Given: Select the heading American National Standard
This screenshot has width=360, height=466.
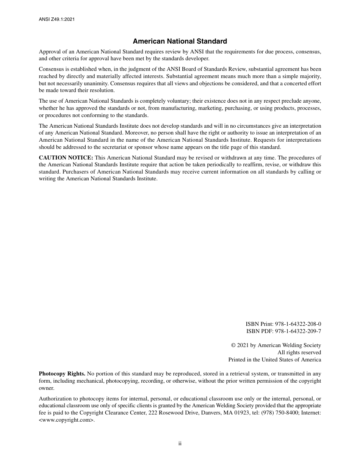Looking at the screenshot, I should point(180,41).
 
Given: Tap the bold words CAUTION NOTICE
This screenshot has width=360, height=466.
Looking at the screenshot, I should point(66,158).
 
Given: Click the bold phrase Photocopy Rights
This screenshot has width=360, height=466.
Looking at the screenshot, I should point(62,374).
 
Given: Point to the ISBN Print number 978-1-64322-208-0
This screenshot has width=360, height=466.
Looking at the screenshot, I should point(298,324).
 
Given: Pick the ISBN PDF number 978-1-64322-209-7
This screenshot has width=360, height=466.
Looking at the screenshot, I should point(298,331).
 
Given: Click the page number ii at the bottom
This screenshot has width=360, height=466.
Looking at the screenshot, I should point(180,443).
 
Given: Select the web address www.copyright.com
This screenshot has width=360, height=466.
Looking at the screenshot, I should point(66,420).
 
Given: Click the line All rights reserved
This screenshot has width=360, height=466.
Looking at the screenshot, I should point(299,352).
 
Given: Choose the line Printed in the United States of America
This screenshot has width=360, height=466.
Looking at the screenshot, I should point(274,360).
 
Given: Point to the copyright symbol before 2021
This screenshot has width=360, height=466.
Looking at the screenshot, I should point(233,345).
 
